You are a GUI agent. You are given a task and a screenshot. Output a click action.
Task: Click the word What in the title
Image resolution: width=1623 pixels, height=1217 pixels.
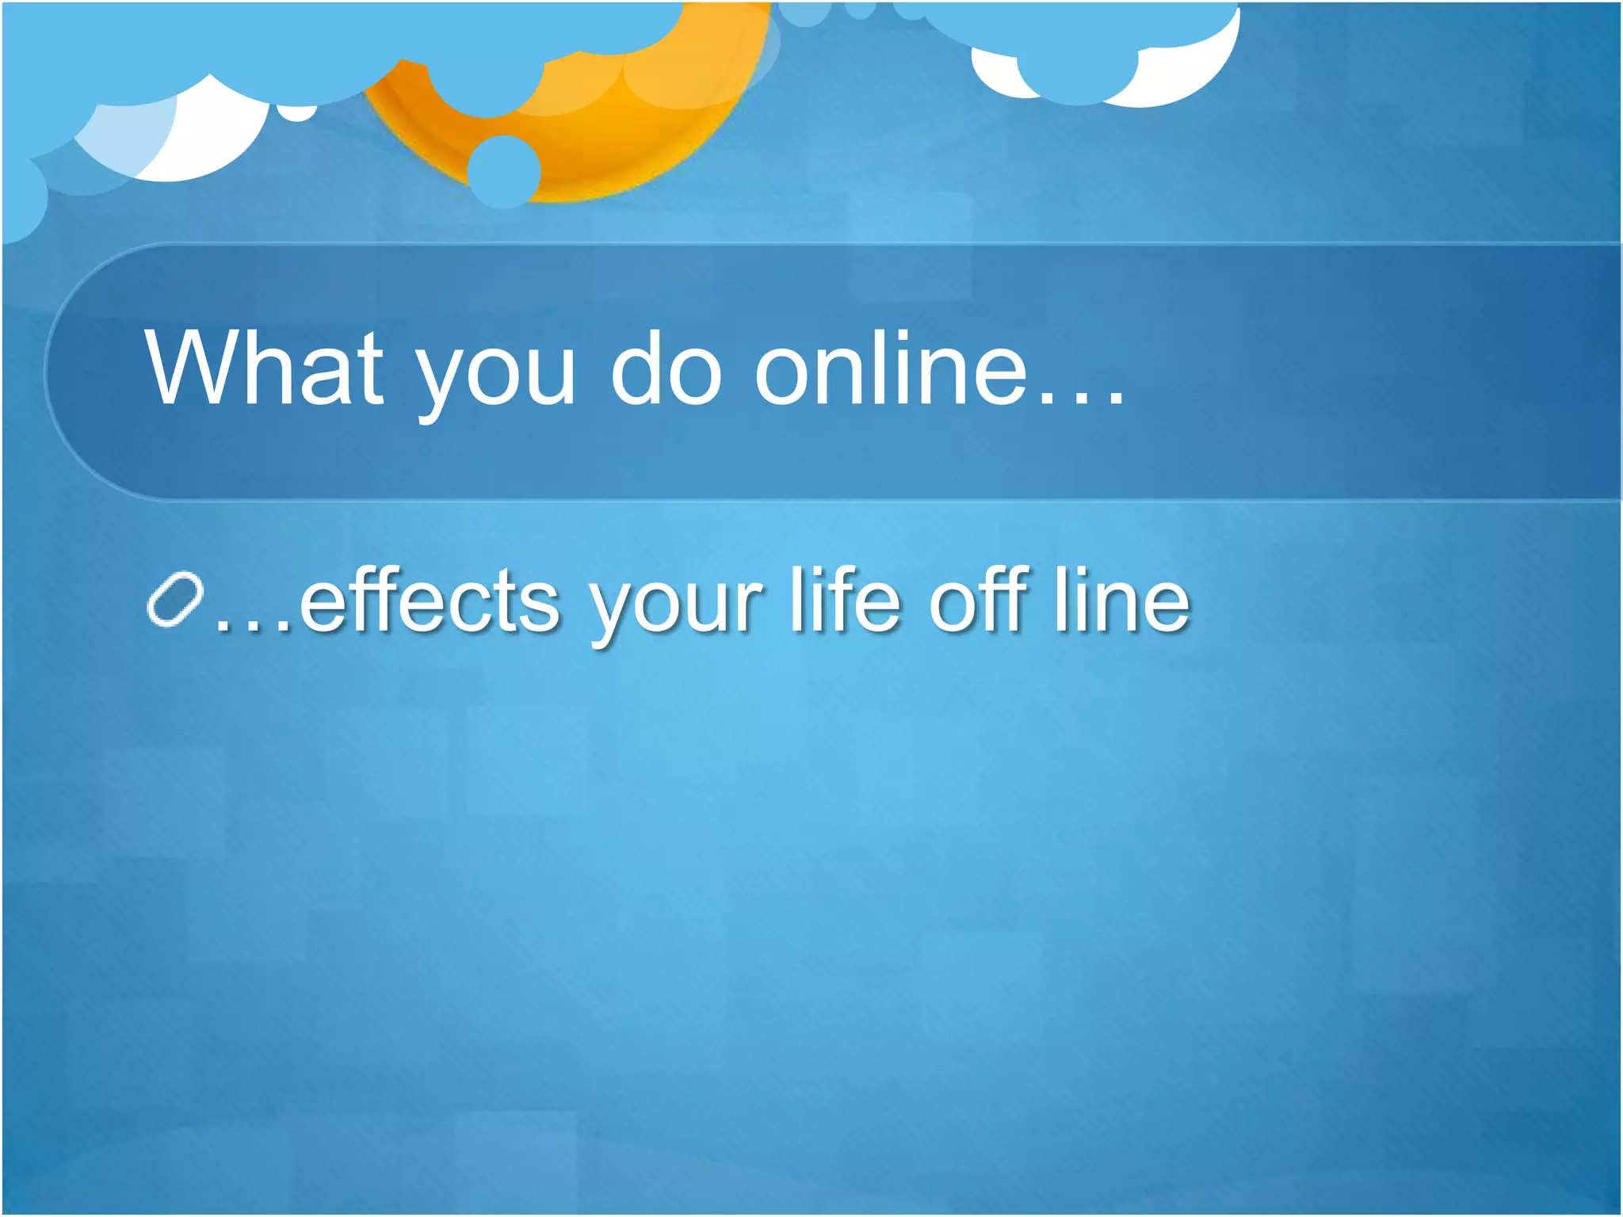click(x=264, y=368)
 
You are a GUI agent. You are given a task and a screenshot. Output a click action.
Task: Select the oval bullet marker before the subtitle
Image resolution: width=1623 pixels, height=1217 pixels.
click(x=175, y=598)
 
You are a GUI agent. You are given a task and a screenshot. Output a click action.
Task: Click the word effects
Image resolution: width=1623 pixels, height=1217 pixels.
click(x=430, y=602)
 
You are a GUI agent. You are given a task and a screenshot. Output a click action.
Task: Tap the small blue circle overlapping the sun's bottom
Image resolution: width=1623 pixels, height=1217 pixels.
click(x=503, y=171)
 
